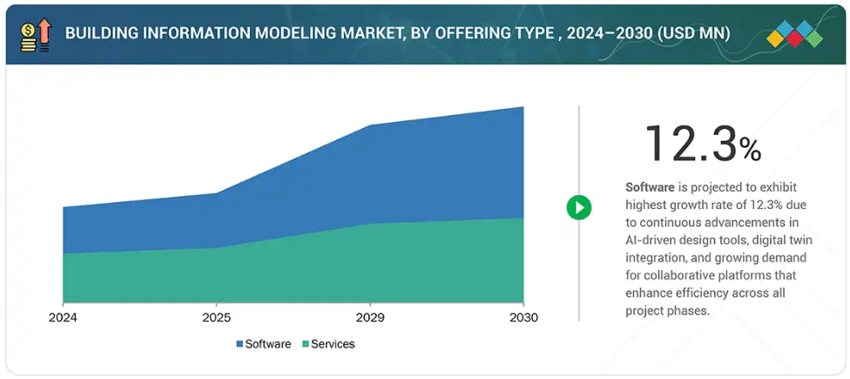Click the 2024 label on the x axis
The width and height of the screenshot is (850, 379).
[63, 318]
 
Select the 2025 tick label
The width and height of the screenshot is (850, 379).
[217, 318]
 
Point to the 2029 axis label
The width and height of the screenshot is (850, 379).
[370, 318]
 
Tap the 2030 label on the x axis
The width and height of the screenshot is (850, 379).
[523, 318]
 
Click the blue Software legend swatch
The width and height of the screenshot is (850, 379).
[239, 344]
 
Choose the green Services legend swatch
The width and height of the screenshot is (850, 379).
[305, 344]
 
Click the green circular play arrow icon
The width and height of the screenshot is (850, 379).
[579, 207]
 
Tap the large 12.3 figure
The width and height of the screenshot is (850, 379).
[691, 144]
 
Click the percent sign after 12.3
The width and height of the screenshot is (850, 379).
[750, 149]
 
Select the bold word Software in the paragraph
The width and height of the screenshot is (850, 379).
[650, 187]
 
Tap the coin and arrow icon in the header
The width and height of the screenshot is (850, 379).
[35, 33]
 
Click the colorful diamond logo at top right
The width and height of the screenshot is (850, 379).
[794, 33]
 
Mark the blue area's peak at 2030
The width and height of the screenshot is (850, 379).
[523, 108]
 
